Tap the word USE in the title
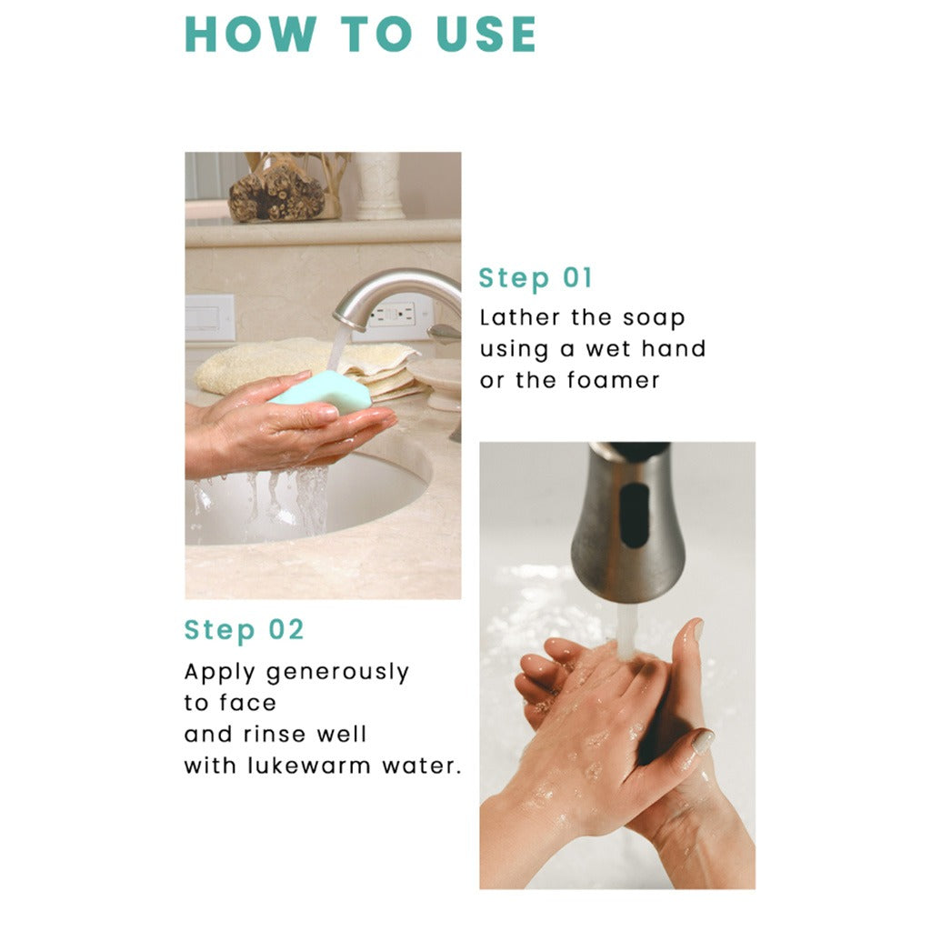pyautogui.click(x=487, y=35)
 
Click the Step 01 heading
pyautogui.click(x=536, y=278)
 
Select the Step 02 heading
pyautogui.click(x=244, y=630)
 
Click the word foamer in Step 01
pyautogui.click(x=614, y=380)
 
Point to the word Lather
pyautogui.click(x=519, y=317)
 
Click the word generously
pyautogui.click(x=337, y=674)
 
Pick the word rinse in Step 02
pyautogui.click(x=275, y=735)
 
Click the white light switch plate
pyautogui.click(x=210, y=318)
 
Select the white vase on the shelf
pyautogui.click(x=379, y=185)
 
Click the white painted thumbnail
pyautogui.click(x=704, y=742)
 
